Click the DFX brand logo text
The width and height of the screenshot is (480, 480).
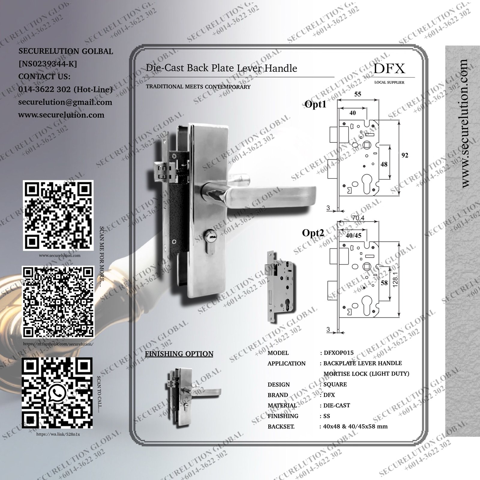(x=389, y=68)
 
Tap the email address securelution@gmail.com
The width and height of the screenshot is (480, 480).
(x=65, y=102)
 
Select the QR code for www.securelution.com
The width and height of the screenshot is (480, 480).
(x=58, y=215)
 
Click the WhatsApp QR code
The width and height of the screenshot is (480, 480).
(x=57, y=393)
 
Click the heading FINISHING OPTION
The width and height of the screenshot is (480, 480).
(x=179, y=354)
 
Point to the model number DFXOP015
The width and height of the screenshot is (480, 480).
(x=339, y=353)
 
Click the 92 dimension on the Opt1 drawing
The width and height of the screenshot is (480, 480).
(x=405, y=155)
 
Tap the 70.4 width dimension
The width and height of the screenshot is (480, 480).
(x=358, y=218)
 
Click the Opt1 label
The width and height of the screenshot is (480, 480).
(x=315, y=104)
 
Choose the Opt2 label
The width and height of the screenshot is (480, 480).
(x=313, y=233)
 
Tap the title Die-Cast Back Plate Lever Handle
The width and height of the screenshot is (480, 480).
(x=221, y=68)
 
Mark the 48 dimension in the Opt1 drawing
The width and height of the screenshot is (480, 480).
(x=384, y=164)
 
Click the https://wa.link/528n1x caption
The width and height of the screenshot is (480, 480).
(x=58, y=434)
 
